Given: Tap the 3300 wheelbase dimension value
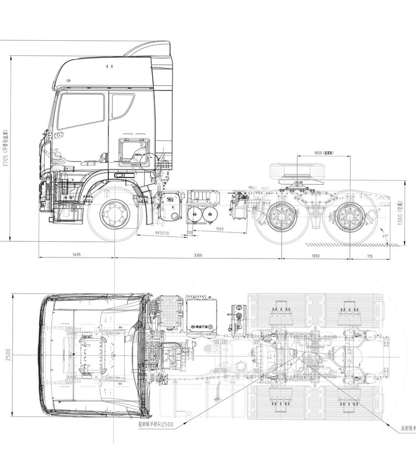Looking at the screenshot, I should pyautogui.click(x=198, y=255).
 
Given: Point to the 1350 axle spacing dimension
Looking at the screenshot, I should pyautogui.click(x=316, y=255).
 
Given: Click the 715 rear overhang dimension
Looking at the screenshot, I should pyautogui.click(x=369, y=255).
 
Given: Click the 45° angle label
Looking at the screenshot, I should pyautogui.click(x=386, y=236).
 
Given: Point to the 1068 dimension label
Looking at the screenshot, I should pyautogui.click(x=219, y=229).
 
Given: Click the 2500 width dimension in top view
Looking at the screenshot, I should pyautogui.click(x=7, y=355).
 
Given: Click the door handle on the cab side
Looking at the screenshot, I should pyautogui.click(x=120, y=175).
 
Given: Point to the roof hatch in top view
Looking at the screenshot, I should pyautogui.click(x=94, y=355).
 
